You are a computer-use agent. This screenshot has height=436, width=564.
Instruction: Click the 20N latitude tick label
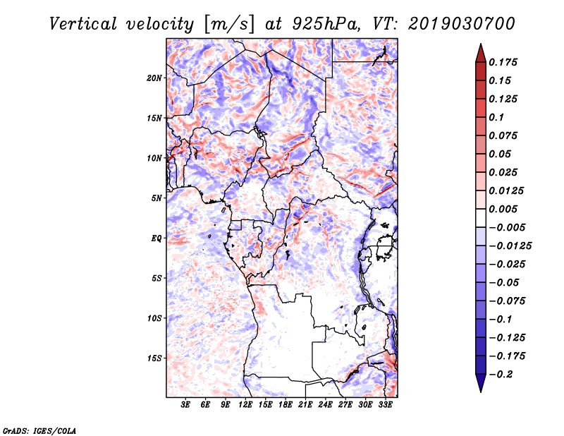(x=154, y=78)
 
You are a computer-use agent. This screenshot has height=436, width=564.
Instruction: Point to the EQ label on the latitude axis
(x=157, y=238)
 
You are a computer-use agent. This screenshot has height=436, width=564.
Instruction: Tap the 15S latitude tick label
(x=154, y=358)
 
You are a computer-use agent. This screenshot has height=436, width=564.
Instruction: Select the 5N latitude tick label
(x=157, y=198)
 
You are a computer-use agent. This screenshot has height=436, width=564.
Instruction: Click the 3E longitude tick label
(x=185, y=405)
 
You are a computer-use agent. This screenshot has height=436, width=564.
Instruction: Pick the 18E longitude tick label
(x=286, y=405)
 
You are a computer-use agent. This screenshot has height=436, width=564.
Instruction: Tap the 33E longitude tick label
(x=385, y=405)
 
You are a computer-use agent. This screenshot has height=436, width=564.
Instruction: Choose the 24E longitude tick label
(x=325, y=405)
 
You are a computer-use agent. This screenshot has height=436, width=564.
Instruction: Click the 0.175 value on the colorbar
(x=503, y=62)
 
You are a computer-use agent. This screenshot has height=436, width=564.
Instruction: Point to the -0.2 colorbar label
(x=500, y=375)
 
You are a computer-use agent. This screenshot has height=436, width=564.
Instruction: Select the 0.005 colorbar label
(x=503, y=209)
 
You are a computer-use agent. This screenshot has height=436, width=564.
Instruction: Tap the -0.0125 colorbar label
(x=510, y=246)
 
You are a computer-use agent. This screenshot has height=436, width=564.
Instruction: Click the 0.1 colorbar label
(x=496, y=117)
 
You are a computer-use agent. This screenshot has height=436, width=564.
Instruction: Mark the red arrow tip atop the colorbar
(x=481, y=44)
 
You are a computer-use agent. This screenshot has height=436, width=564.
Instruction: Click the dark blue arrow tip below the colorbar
(x=481, y=392)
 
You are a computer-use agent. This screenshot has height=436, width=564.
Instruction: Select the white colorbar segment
(x=481, y=218)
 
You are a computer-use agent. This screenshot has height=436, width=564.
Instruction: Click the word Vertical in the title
(x=83, y=24)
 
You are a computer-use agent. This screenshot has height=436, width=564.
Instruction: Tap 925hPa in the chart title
(x=326, y=24)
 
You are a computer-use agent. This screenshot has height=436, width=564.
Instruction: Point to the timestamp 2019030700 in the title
(x=462, y=24)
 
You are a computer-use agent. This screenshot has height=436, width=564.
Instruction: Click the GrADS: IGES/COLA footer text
(x=39, y=431)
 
